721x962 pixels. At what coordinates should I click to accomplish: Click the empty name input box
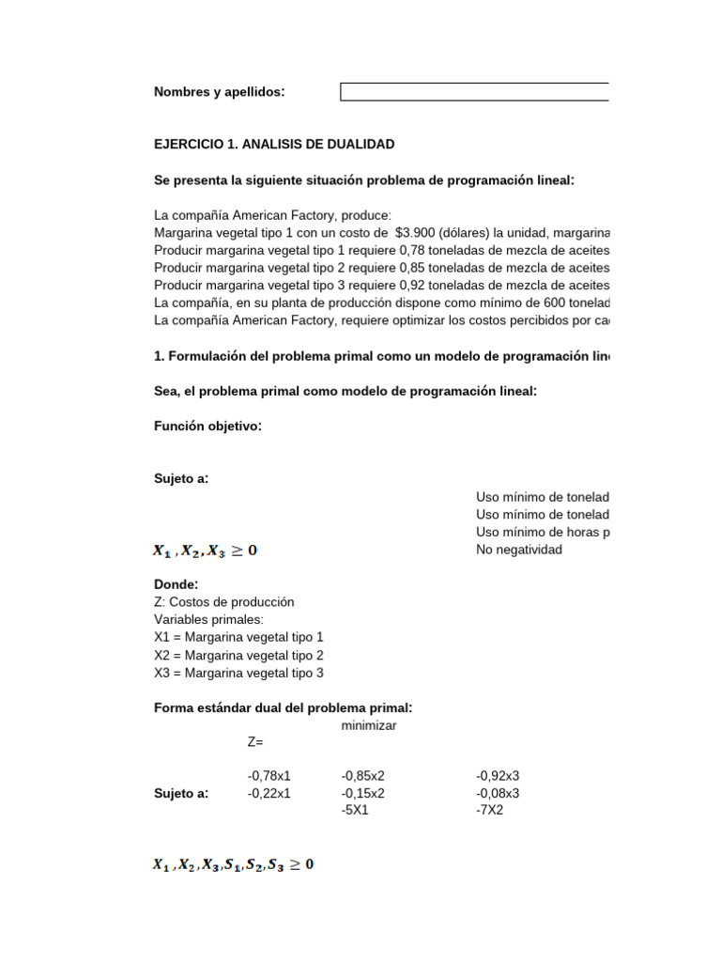click(474, 92)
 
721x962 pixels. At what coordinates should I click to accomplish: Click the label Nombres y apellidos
click(219, 92)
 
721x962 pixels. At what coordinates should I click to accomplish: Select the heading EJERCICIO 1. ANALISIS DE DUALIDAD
click(274, 145)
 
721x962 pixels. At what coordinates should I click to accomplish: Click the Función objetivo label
click(207, 427)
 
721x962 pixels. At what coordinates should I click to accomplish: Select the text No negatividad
click(519, 550)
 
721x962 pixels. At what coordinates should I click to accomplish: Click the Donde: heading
click(176, 584)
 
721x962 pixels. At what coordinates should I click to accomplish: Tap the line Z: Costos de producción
click(224, 602)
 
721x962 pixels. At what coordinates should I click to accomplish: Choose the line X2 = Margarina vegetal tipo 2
click(238, 655)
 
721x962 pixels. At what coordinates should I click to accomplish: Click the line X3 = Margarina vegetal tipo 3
click(238, 673)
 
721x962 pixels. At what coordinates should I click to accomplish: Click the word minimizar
click(369, 726)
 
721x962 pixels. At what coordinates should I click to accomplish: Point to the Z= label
click(255, 742)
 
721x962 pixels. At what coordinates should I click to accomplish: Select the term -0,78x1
click(269, 776)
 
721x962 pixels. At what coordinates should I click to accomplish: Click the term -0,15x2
click(363, 793)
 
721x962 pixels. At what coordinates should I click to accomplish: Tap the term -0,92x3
click(498, 776)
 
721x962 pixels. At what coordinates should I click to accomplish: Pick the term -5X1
click(355, 810)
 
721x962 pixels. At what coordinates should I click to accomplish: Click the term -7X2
click(490, 810)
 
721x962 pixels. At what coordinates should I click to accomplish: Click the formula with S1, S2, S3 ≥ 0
click(234, 863)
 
